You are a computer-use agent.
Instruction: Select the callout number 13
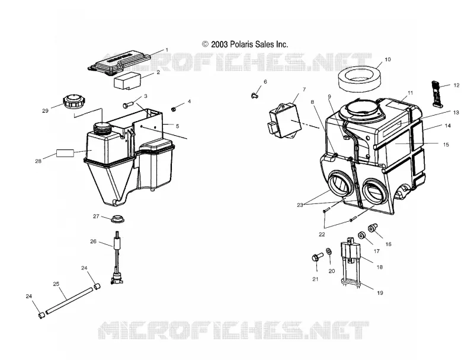coord(456,113)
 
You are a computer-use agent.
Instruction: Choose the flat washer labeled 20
coord(329,251)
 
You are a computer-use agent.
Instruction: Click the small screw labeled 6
coord(255,95)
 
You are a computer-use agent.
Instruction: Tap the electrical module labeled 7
coord(285,120)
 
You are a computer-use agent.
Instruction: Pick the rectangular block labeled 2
coord(127,81)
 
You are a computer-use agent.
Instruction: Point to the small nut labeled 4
coord(174,109)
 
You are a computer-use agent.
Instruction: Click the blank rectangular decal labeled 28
coord(65,153)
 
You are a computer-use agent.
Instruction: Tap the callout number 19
coord(380,293)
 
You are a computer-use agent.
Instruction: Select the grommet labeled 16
coord(371,228)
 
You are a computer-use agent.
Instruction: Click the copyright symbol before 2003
coord(205,44)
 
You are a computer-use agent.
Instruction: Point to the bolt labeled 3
coord(128,105)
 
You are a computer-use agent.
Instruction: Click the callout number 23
coord(300,205)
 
